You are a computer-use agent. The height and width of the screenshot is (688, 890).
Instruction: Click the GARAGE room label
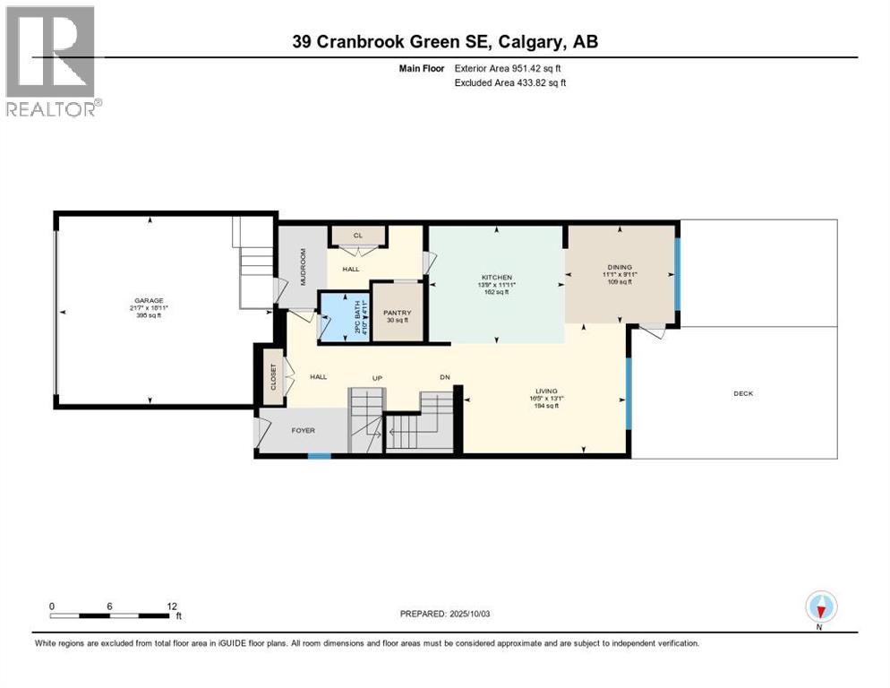point(148,301)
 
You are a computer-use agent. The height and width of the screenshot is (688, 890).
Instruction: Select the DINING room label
point(619,267)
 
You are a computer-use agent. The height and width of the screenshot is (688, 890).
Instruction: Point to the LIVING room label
point(546,391)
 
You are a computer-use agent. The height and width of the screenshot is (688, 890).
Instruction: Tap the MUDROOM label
point(302,265)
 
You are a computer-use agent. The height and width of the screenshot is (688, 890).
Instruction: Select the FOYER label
point(303,430)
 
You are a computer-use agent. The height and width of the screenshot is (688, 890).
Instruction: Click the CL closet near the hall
point(358,236)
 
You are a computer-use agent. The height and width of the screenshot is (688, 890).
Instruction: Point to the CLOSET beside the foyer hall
point(274,379)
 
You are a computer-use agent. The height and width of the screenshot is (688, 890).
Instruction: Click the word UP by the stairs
point(378,378)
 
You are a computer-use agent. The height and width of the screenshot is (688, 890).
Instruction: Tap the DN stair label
point(443,378)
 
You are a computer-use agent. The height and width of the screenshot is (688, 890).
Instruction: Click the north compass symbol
point(820,607)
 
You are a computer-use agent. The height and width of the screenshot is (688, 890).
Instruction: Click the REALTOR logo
point(51,61)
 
